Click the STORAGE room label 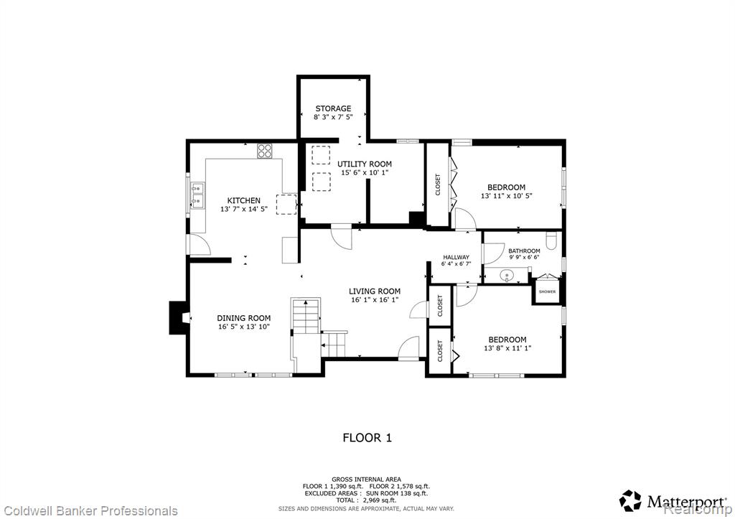[x=333, y=108]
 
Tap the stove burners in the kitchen [x=264, y=151]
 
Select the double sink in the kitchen [x=197, y=195]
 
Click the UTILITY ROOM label [x=364, y=164]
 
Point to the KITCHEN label [x=244, y=201]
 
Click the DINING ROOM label [x=244, y=318]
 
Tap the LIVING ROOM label [x=375, y=291]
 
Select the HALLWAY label [x=456, y=257]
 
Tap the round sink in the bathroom [x=506, y=275]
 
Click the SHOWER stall [x=547, y=290]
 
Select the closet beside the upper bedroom [x=438, y=184]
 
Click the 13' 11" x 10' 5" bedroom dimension [x=506, y=196]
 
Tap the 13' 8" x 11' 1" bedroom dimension [x=507, y=348]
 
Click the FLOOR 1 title [x=367, y=438]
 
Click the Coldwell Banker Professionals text [x=89, y=510]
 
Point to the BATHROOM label [x=524, y=251]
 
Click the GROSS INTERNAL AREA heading [x=366, y=479]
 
